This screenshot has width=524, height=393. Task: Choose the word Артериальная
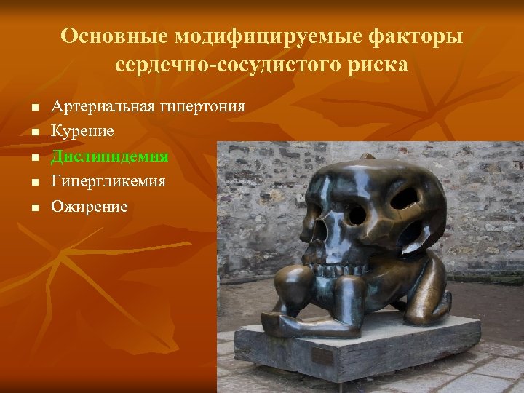click(x=103, y=106)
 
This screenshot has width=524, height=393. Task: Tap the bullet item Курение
click(x=82, y=132)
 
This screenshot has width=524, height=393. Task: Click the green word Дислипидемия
click(x=109, y=156)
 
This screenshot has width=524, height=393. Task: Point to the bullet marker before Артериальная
click(x=33, y=108)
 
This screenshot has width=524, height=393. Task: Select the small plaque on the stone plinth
click(x=322, y=357)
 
